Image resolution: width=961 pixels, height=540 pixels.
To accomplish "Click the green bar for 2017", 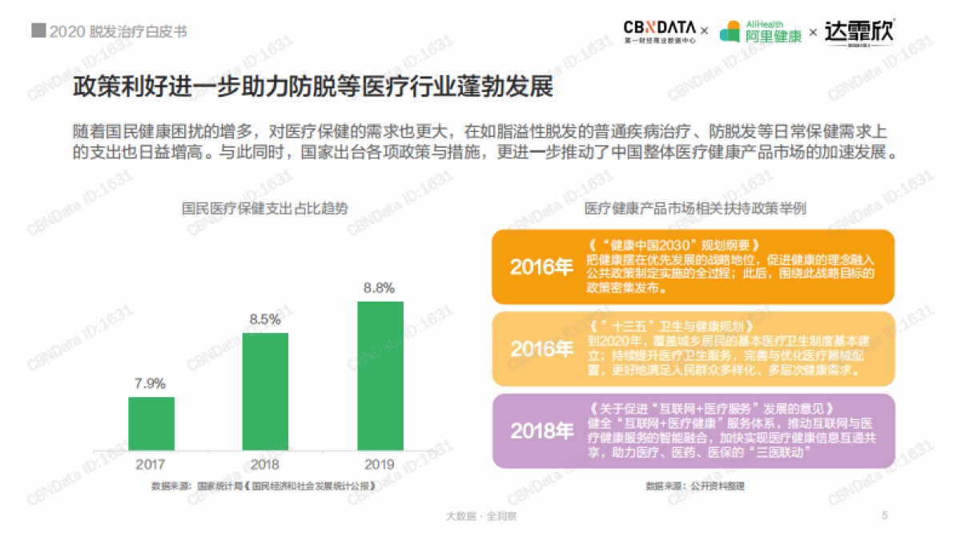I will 151,424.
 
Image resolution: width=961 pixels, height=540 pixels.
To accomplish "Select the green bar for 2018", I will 265,392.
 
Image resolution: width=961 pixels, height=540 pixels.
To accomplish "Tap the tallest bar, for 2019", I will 380,376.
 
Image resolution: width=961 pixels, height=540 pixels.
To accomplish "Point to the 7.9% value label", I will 151,384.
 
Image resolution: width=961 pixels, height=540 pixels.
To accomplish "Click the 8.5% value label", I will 265,319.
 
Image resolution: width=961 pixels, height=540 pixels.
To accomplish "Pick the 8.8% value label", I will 380,288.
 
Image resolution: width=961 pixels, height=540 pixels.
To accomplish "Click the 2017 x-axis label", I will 151,464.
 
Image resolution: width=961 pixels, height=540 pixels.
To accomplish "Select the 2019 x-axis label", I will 380,464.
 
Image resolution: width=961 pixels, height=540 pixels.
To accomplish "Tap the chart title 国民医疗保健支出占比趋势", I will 265,209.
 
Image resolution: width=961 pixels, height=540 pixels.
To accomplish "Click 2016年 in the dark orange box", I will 541,267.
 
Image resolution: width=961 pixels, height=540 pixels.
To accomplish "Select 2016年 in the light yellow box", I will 541,350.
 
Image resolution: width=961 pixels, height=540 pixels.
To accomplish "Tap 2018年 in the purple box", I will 541,431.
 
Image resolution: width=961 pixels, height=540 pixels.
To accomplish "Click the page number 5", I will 885,515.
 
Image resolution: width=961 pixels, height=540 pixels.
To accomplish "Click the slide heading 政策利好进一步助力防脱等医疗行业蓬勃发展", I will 313,86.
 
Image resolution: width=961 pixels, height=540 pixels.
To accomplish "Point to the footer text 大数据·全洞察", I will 480,516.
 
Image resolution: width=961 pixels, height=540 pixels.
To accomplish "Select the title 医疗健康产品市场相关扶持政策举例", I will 694,209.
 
